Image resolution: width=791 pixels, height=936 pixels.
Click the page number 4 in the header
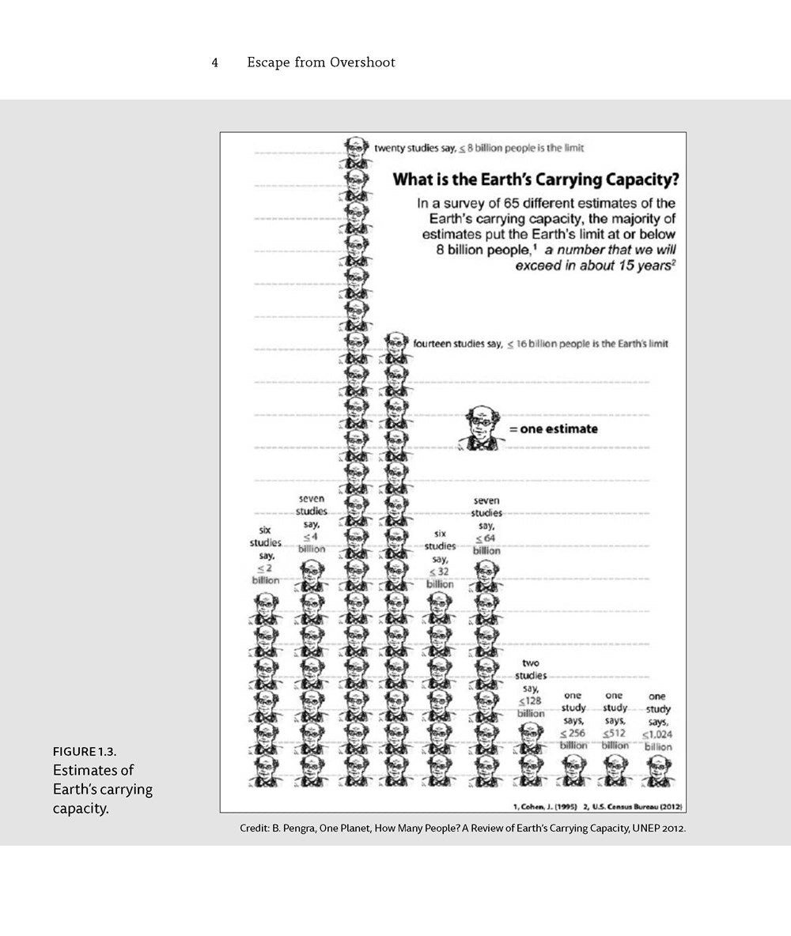pos(214,62)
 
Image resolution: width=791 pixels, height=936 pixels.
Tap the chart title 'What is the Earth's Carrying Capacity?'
pos(536,179)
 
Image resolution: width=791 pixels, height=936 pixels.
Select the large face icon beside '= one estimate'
pos(481,428)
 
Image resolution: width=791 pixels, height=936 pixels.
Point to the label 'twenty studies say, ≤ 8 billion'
pos(479,148)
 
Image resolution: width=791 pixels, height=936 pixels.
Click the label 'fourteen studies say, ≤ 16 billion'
pos(540,344)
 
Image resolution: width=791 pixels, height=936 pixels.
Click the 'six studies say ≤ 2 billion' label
pos(266,555)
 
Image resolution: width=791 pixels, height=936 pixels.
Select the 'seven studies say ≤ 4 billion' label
pos(312,523)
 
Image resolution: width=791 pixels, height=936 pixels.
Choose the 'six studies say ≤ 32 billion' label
pos(440,559)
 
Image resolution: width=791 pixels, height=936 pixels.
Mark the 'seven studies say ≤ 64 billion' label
pos(487,525)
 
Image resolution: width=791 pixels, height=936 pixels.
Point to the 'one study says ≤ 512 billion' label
pos(615,720)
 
